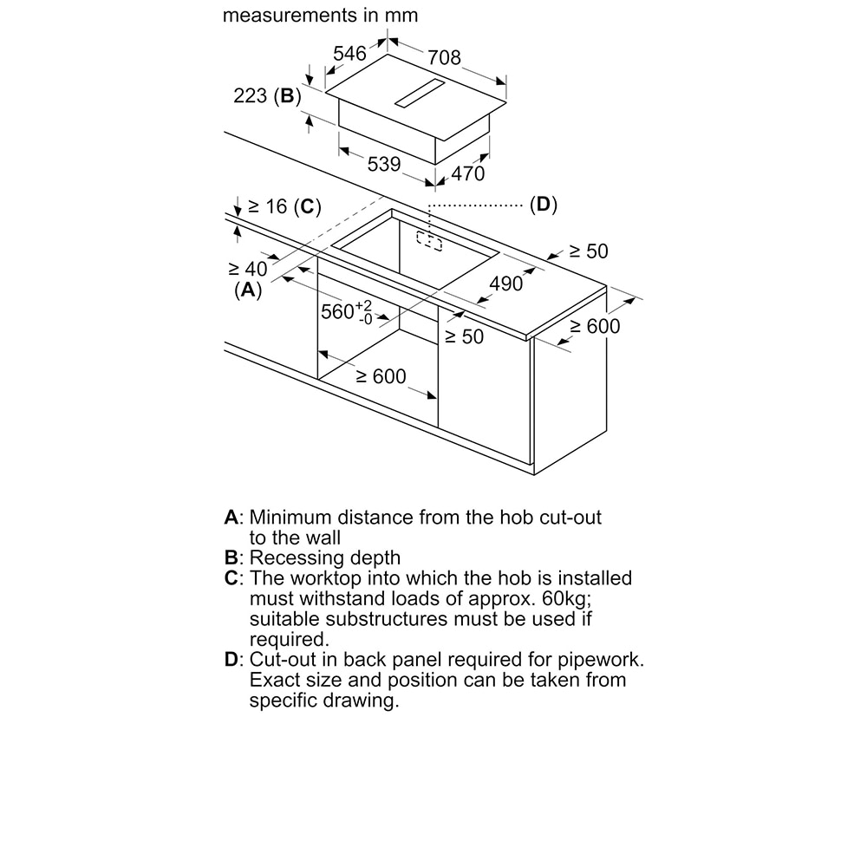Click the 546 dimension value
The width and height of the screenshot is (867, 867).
pos(349,54)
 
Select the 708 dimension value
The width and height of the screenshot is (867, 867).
pos(444,57)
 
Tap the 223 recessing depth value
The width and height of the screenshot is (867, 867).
pos(250,95)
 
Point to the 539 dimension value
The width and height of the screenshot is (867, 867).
pos(384,164)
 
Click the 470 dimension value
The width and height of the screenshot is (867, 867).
pos(468,173)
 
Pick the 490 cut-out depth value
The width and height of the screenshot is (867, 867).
pos(506,284)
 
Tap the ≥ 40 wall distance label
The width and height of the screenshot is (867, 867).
pos(247,269)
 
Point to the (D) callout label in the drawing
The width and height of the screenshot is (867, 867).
pos(544,205)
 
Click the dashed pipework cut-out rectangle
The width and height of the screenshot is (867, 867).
pos(430,241)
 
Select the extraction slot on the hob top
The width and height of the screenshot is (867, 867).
pos(419,93)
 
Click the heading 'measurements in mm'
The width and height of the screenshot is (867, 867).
pos(320,15)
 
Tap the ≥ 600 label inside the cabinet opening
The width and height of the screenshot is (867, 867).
pos(381,376)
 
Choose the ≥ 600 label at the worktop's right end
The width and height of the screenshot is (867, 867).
pos(595,326)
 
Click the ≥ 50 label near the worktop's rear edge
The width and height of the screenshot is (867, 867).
pos(589,251)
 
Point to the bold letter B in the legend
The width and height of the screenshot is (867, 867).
pos(231,557)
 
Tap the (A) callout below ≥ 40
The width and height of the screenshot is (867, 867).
pos(248,290)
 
